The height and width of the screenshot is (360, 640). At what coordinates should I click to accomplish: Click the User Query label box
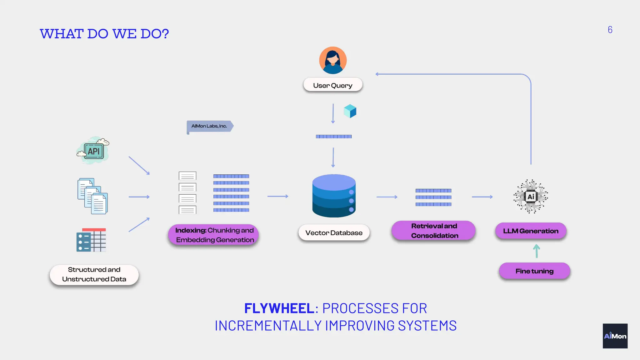[333, 85]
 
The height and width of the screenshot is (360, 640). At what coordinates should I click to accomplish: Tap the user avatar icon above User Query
[333, 60]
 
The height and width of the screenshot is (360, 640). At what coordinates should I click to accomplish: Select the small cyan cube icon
[350, 111]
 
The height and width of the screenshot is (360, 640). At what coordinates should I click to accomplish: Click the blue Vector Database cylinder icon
[334, 196]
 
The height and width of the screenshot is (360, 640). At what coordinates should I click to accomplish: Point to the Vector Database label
[334, 233]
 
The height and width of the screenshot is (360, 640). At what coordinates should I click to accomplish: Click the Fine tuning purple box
[534, 271]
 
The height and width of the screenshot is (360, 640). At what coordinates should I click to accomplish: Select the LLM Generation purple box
[531, 231]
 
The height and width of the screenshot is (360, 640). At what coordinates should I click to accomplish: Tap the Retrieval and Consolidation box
[434, 231]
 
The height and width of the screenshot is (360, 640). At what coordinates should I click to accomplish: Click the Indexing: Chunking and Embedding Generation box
[214, 235]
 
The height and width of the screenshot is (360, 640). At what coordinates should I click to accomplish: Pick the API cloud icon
[93, 151]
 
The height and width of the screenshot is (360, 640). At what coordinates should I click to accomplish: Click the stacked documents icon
[92, 196]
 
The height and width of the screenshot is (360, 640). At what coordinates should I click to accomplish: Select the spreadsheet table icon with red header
[91, 240]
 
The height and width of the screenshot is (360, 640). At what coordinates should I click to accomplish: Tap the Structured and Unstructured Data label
[94, 274]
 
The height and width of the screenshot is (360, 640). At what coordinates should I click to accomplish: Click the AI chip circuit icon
[531, 197]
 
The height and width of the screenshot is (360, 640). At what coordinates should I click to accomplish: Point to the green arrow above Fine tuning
[537, 251]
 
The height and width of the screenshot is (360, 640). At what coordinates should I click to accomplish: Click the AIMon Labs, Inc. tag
[209, 126]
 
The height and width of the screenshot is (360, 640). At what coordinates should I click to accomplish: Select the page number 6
[610, 30]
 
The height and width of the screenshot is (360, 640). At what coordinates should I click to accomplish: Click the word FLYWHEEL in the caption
[279, 308]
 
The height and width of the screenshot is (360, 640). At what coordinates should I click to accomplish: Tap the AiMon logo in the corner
[615, 336]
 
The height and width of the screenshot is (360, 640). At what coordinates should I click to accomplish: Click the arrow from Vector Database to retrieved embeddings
[387, 197]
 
